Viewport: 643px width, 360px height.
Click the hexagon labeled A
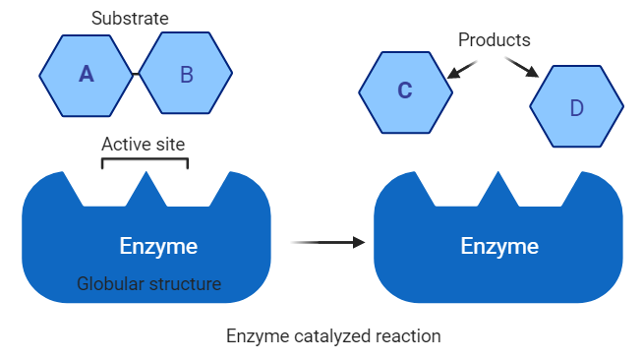point(86,74)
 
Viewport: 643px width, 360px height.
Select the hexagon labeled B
point(186,74)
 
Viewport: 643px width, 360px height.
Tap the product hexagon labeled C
point(405,90)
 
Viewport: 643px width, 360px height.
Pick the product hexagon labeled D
point(576,106)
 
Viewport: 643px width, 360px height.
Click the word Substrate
point(130,18)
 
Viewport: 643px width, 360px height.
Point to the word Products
point(494,40)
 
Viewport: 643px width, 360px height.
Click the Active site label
point(144,144)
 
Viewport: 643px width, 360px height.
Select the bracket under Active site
point(145,159)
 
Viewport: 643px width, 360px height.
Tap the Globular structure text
point(149,285)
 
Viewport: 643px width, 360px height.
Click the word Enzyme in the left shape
point(158,246)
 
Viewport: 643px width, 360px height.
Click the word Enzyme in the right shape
point(499,246)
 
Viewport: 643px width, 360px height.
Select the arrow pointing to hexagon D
point(522,67)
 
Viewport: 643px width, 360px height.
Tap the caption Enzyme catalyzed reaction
point(333,335)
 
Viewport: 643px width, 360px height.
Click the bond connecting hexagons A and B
point(135,74)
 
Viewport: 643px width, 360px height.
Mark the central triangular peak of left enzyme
point(146,188)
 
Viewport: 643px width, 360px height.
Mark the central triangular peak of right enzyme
point(499,188)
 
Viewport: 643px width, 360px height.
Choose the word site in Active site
point(169,144)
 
